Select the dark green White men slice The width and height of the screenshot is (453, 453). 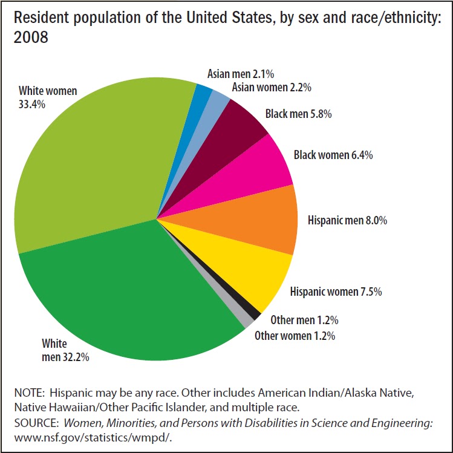[x=133, y=290]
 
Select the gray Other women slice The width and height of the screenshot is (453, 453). [x=244, y=318]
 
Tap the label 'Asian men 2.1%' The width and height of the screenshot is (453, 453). [x=241, y=74]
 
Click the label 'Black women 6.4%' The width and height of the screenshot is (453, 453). [x=333, y=155]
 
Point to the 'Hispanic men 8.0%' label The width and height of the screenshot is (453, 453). [x=347, y=220]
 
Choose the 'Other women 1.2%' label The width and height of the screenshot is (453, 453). [x=295, y=335]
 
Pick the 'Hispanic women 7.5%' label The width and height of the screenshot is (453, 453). [x=336, y=292]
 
